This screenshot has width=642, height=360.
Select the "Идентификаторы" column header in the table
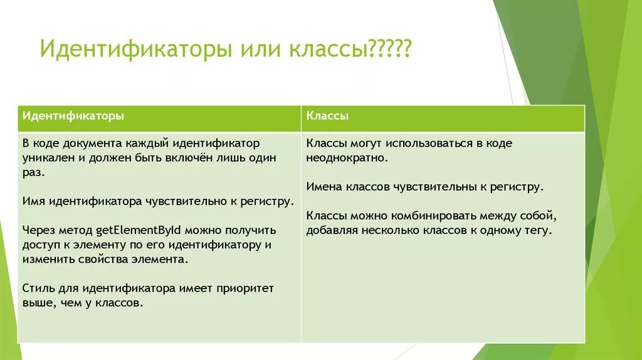[x=73, y=117]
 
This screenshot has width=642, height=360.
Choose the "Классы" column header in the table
[x=328, y=117]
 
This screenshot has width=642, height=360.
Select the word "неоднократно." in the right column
[x=347, y=158]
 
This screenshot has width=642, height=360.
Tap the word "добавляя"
[x=330, y=230]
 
